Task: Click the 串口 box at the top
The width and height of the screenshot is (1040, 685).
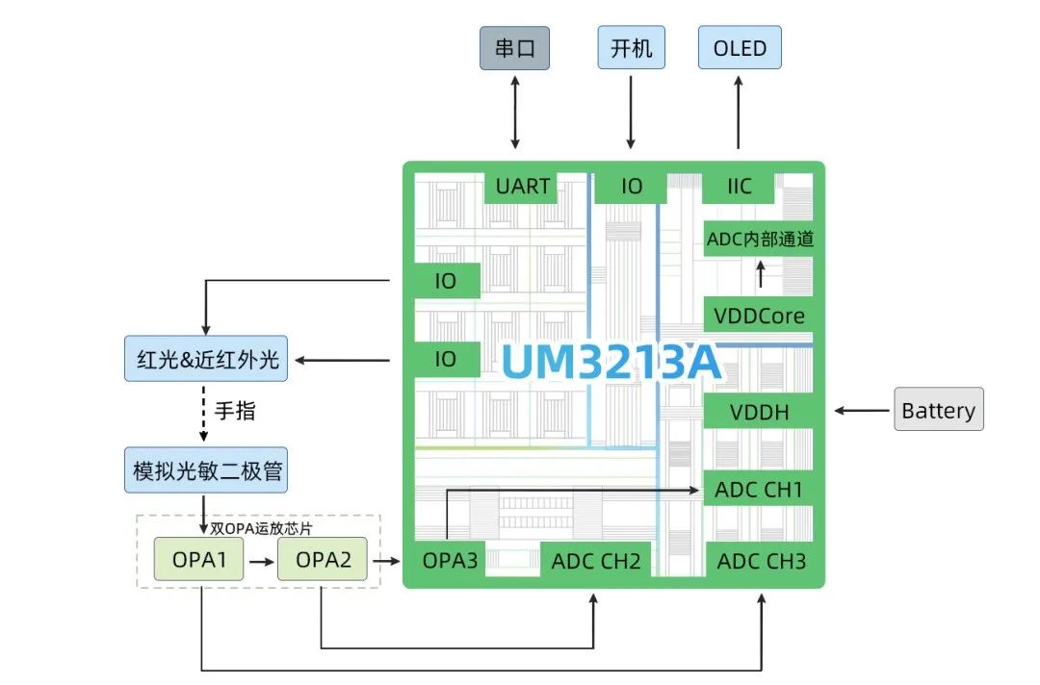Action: pyautogui.click(x=515, y=47)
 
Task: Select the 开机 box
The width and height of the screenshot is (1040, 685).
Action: pyautogui.click(x=631, y=47)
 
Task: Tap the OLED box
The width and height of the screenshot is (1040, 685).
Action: pyautogui.click(x=740, y=47)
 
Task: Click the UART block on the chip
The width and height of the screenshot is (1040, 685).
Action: pyautogui.click(x=523, y=185)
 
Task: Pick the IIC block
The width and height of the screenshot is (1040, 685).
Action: pyautogui.click(x=740, y=185)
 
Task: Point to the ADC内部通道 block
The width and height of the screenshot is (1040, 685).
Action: pyautogui.click(x=760, y=239)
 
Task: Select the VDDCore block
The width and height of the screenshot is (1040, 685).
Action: pyautogui.click(x=760, y=315)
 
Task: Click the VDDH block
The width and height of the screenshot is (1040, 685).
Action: pyautogui.click(x=760, y=413)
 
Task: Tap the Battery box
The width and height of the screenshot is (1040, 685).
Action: pyautogui.click(x=938, y=411)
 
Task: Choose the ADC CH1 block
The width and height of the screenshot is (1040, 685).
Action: pyautogui.click(x=760, y=490)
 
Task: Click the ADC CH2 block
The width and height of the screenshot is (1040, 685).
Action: pyautogui.click(x=595, y=561)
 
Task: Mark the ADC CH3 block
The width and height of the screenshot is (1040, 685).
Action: pyautogui.click(x=761, y=561)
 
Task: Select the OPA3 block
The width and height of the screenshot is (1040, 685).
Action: pyautogui.click(x=450, y=560)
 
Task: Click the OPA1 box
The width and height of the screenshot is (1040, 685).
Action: pyautogui.click(x=199, y=559)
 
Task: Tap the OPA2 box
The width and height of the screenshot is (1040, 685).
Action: pyautogui.click(x=323, y=559)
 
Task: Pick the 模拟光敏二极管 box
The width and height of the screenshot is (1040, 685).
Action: pyautogui.click(x=207, y=471)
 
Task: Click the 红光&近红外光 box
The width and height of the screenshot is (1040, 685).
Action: pyautogui.click(x=207, y=360)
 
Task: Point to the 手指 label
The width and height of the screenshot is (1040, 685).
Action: pyautogui.click(x=235, y=411)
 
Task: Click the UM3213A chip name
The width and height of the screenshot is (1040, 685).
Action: pyautogui.click(x=611, y=364)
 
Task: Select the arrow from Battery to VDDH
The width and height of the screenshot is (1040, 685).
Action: pyautogui.click(x=862, y=411)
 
